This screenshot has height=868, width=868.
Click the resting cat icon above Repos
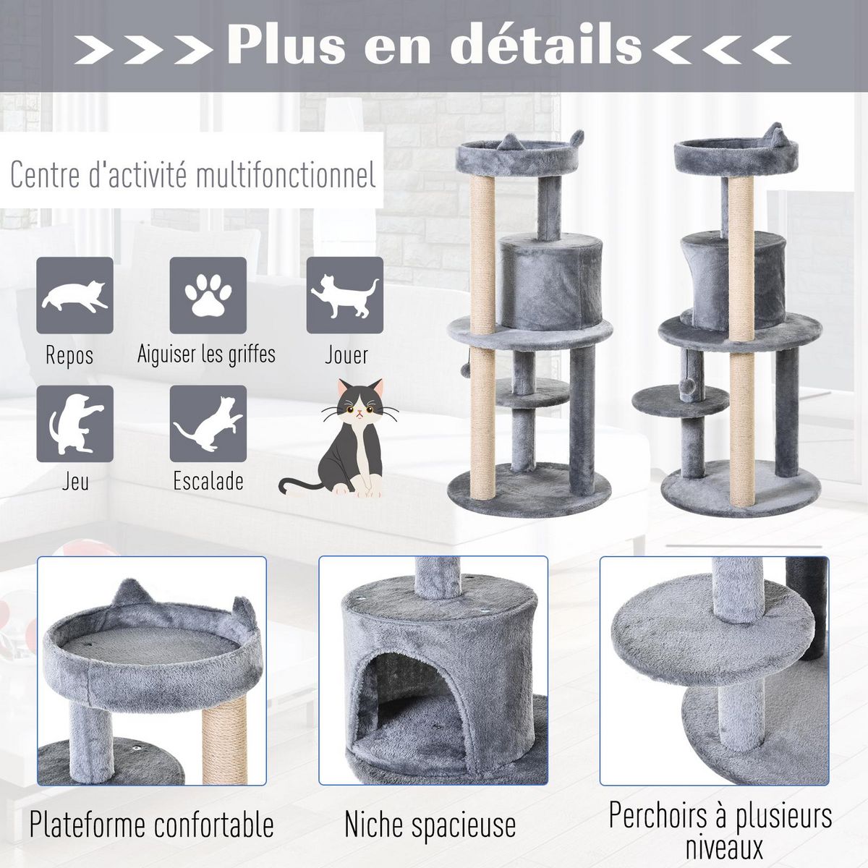[x=75, y=294]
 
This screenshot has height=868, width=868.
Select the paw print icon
[x=208, y=294]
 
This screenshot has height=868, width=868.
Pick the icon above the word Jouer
[x=344, y=294]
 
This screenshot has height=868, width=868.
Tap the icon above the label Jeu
[x=75, y=423]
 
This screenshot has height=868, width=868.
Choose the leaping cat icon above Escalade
[x=208, y=423]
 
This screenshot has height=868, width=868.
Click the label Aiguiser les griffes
[x=206, y=354]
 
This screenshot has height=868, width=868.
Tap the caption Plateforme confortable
[x=152, y=825]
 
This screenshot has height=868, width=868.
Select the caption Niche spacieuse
[x=430, y=825]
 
